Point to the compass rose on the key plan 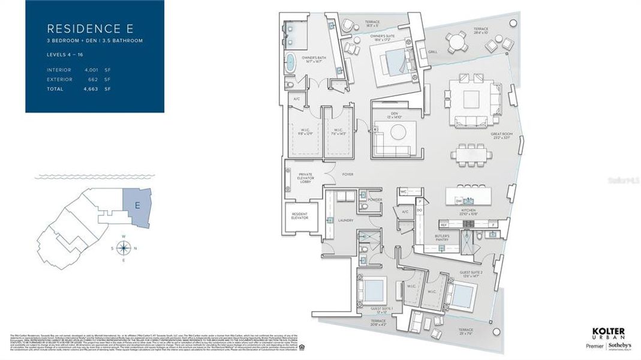[x=123, y=247]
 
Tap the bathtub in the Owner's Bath [x=291, y=62]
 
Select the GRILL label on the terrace [x=432, y=52]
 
